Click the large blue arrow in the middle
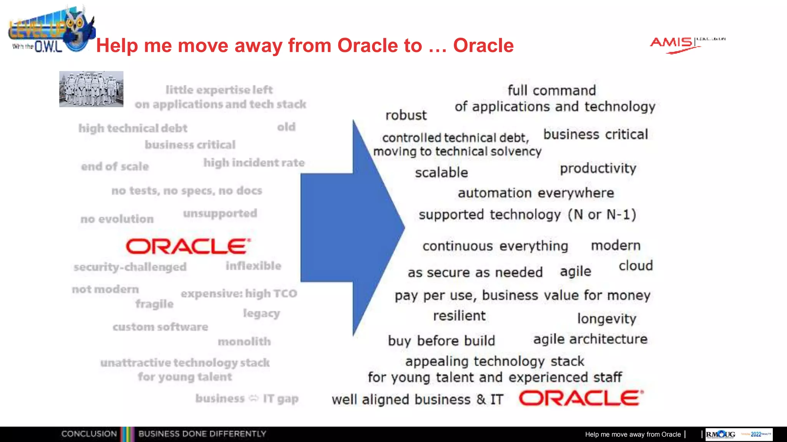pyautogui.click(x=346, y=228)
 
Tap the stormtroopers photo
pyautogui.click(x=91, y=89)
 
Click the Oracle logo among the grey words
pyautogui.click(x=188, y=246)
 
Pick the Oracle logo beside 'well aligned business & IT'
pyautogui.click(x=581, y=398)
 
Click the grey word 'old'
pyautogui.click(x=286, y=127)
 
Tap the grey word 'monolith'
pyautogui.click(x=244, y=341)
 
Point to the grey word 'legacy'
pyautogui.click(x=261, y=313)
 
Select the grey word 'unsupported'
pyautogui.click(x=220, y=213)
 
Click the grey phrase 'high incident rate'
pyautogui.click(x=254, y=163)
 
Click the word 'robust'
pyautogui.click(x=406, y=115)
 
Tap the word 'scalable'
pyautogui.click(x=441, y=173)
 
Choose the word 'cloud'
pyautogui.click(x=636, y=266)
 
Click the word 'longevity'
pyautogui.click(x=606, y=318)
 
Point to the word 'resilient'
pyautogui.click(x=459, y=316)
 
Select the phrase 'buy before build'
pyautogui.click(x=441, y=341)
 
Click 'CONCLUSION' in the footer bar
pyautogui.click(x=89, y=434)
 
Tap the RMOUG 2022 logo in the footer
pyautogui.click(x=738, y=434)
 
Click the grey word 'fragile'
pyautogui.click(x=154, y=304)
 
